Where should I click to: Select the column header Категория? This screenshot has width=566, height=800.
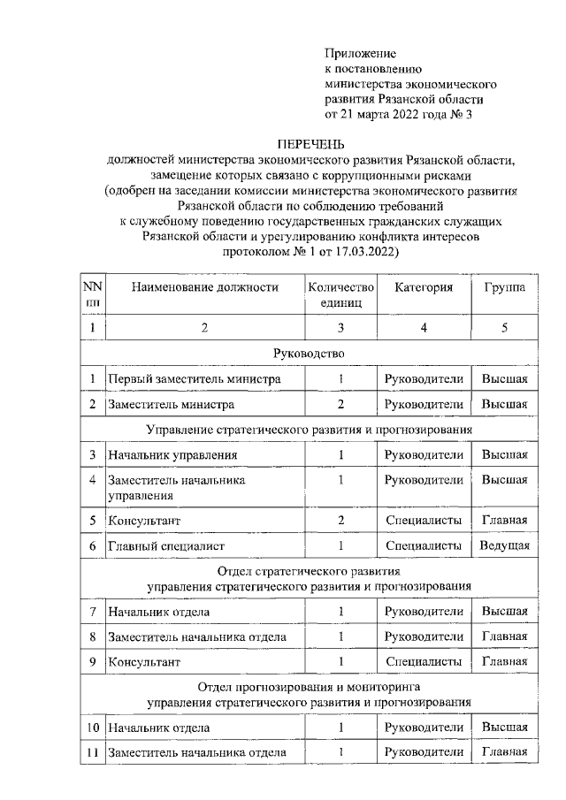click(424, 287)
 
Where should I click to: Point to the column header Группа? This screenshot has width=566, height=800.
click(504, 287)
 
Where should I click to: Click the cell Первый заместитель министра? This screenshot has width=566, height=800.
click(195, 379)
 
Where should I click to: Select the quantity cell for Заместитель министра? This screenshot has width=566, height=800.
click(340, 405)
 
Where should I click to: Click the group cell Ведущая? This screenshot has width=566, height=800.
click(504, 546)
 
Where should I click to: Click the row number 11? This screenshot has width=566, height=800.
click(92, 752)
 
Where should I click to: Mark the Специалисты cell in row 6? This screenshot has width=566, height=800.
click(424, 546)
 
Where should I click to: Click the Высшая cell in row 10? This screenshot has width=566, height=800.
click(504, 727)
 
